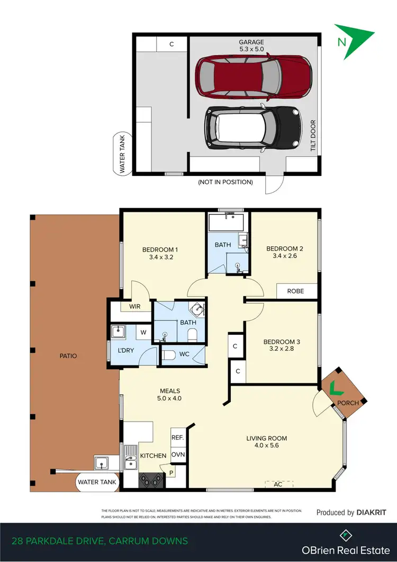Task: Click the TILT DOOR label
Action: click(313, 135)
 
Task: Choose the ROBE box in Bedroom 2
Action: click(296, 291)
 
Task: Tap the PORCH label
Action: click(348, 403)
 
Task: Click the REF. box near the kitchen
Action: click(177, 438)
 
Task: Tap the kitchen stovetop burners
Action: click(152, 480)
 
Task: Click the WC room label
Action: click(184, 353)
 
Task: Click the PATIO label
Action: click(68, 356)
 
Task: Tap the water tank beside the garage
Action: click(121, 154)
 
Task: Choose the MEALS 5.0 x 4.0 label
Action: click(168, 395)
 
